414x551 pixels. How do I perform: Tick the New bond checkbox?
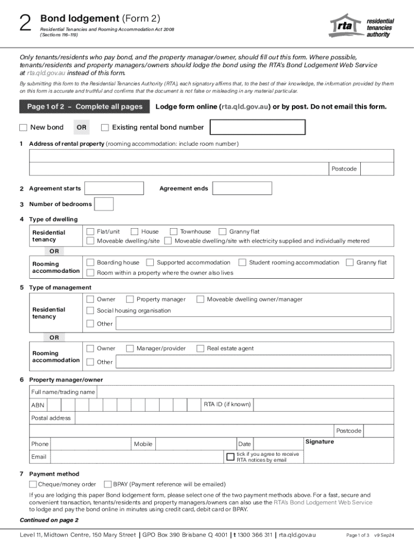23,128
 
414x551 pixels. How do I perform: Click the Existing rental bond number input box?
257,128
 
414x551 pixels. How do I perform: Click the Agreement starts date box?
115,188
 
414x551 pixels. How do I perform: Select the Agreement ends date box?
242,188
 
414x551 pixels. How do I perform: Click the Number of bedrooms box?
104,204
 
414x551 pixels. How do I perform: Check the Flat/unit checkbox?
90,232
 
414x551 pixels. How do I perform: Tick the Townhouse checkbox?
174,232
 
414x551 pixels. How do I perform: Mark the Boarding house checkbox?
90,263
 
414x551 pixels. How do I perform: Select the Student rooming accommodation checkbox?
242,263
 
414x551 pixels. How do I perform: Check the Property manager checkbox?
130,299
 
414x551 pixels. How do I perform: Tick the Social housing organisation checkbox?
90,310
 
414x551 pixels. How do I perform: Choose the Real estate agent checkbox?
200,349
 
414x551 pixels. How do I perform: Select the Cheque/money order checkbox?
33,484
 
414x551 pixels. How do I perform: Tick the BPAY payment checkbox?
108,484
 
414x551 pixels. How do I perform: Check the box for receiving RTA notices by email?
231,457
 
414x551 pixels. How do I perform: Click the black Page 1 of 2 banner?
84,107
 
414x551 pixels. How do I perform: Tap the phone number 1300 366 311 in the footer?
254,535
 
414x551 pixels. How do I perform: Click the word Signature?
319,442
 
